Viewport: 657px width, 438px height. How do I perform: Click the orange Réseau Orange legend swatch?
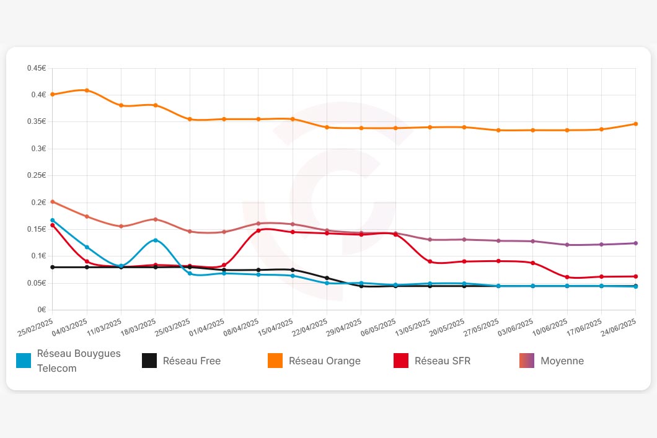[275, 361]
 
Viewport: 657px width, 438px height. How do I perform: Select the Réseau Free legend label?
[192, 361]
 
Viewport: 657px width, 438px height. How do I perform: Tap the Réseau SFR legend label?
[443, 361]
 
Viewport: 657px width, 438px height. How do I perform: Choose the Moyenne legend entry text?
[562, 361]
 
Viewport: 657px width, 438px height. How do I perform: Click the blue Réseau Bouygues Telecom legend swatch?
[24, 361]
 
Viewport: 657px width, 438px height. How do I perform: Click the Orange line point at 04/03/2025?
[87, 90]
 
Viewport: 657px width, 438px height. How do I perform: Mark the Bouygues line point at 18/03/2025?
[156, 240]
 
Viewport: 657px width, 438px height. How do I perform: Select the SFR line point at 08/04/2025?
[258, 230]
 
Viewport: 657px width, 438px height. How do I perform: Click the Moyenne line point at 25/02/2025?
[53, 202]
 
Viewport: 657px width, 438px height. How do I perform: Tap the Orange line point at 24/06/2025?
[635, 124]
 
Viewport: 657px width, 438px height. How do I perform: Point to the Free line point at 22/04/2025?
[327, 278]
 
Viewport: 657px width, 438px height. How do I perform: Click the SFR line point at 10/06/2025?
[567, 277]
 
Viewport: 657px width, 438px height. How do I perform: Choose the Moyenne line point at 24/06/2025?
[635, 243]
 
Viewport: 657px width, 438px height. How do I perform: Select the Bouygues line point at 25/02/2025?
[53, 220]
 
